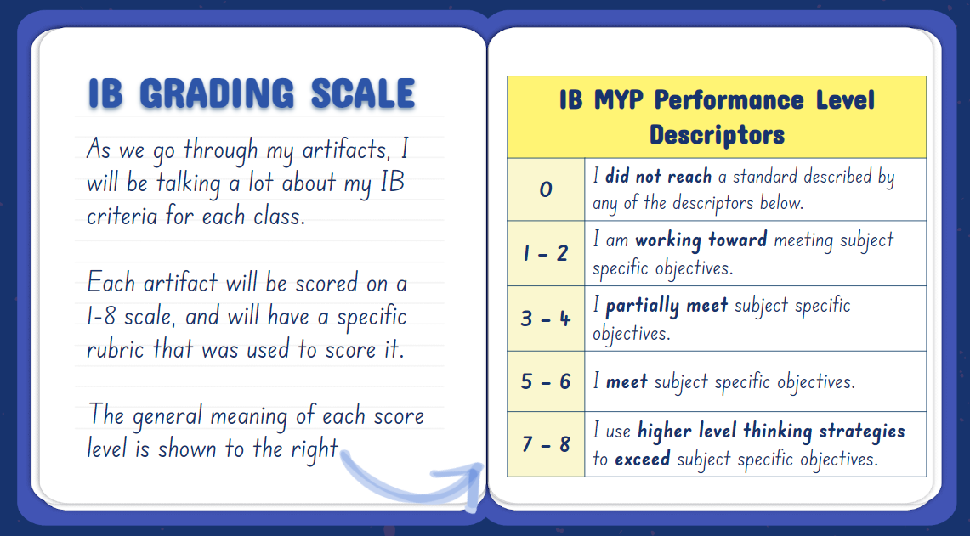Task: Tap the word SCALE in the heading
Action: click(362, 94)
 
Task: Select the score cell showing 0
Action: click(546, 189)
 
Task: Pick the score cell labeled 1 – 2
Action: click(546, 253)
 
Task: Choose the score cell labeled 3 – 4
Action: click(546, 319)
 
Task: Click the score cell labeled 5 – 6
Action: click(546, 381)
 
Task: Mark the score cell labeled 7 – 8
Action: click(546, 444)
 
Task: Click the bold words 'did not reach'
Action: click(658, 177)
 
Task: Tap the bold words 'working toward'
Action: click(701, 240)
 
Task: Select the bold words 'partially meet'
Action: click(667, 306)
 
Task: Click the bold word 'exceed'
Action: click(642, 459)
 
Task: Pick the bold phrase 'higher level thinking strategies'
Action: click(771, 431)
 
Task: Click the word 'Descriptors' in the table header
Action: click(717, 135)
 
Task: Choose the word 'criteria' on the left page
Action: click(122, 217)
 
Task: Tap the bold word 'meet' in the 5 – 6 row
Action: click(627, 382)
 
